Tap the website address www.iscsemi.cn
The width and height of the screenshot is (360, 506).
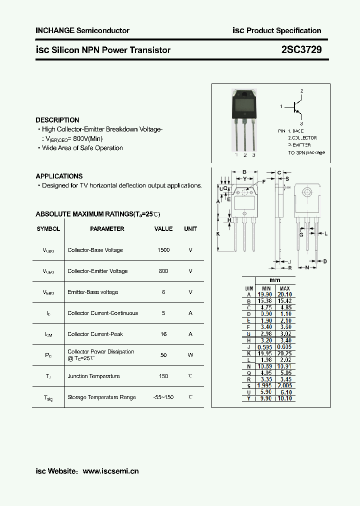pyautogui.click(x=110, y=471)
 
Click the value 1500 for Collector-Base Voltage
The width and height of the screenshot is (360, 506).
pyautogui.click(x=163, y=250)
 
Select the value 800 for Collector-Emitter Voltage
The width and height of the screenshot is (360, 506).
pyautogui.click(x=163, y=271)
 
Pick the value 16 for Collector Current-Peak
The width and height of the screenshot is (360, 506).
pyautogui.click(x=163, y=334)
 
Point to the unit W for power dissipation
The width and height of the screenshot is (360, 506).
pyautogui.click(x=190, y=355)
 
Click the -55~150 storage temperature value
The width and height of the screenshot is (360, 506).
pyautogui.click(x=163, y=397)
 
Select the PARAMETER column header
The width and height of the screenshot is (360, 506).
pyautogui.click(x=107, y=229)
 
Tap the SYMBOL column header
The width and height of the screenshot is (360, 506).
pyautogui.click(x=48, y=229)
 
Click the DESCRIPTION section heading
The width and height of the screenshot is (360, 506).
pyautogui.click(x=57, y=120)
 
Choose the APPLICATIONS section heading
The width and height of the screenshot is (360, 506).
pyautogui.click(x=59, y=176)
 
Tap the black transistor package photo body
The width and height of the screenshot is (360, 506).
pyautogui.click(x=244, y=105)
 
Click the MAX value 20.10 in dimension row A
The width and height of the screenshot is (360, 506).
pyautogui.click(x=284, y=295)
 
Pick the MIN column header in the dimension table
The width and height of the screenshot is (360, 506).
pyautogui.click(x=266, y=288)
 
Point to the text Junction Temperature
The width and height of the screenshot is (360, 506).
pyautogui.click(x=93, y=376)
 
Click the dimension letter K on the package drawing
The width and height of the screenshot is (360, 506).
pyautogui.click(x=218, y=233)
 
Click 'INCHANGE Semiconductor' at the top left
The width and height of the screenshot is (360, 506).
pyautogui.click(x=82, y=30)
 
